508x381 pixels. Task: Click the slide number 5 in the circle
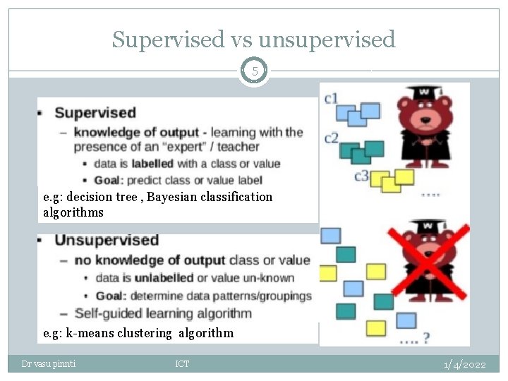tap(254, 71)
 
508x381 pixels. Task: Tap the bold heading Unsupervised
tap(107, 241)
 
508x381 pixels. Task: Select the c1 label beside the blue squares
tap(331, 98)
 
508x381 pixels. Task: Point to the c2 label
tap(331, 138)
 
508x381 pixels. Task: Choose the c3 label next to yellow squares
tap(361, 176)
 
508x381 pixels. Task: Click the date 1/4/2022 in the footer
tap(465, 364)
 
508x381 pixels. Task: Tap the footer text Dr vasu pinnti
tap(49, 364)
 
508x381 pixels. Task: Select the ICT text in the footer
tap(182, 364)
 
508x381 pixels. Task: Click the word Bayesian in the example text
tap(172, 197)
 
